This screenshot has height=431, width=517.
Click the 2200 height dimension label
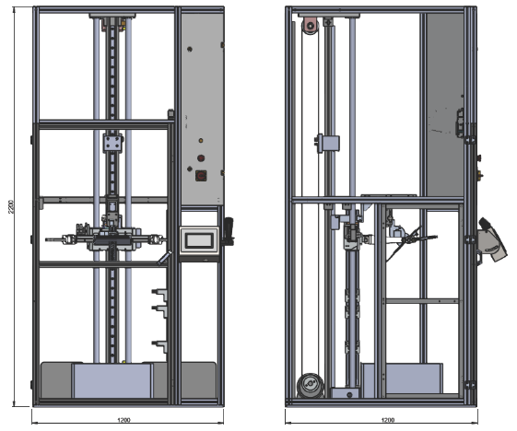click(11, 206)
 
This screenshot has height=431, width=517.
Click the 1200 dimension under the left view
click(123, 420)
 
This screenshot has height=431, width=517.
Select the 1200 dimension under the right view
click(388, 420)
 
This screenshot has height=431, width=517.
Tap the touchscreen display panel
click(199, 240)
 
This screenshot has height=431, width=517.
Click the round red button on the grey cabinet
click(201, 157)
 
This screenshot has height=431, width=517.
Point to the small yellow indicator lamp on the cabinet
click(201, 141)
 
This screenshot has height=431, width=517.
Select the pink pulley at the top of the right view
click(310, 26)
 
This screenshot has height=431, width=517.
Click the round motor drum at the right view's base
click(310, 385)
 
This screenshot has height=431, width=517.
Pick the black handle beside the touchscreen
click(229, 231)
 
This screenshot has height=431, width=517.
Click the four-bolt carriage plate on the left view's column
click(112, 143)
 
